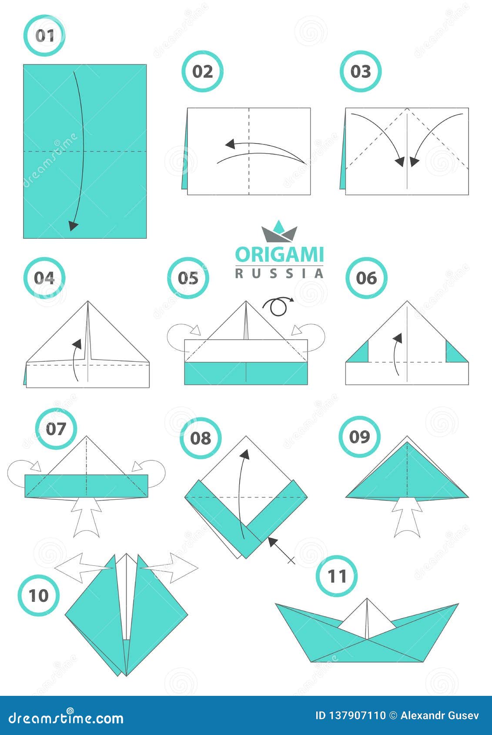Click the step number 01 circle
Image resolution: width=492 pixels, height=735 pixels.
[44, 35]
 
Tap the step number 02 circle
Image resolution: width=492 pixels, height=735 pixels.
[202, 71]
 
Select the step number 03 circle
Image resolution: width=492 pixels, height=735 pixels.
[361, 71]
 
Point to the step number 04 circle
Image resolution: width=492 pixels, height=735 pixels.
[44, 278]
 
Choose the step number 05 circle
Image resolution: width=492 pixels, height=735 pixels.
[188, 278]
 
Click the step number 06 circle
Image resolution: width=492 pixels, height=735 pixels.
[366, 278]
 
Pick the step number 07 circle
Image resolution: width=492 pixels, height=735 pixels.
[56, 429]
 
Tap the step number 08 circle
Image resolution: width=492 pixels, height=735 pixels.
[201, 438]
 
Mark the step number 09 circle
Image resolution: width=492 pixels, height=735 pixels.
[359, 437]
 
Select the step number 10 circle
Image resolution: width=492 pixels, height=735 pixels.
[38, 595]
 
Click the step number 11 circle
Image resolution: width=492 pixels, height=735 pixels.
[337, 576]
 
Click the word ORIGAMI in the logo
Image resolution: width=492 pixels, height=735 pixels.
[279, 255]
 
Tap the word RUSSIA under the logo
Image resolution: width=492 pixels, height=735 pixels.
[279, 273]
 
